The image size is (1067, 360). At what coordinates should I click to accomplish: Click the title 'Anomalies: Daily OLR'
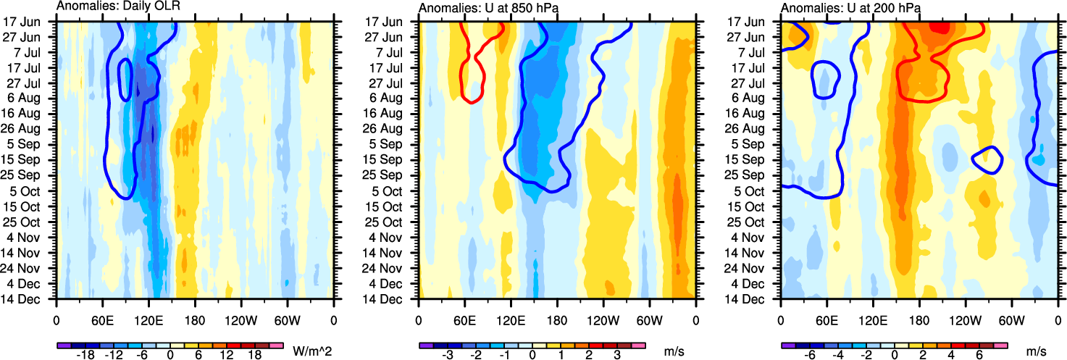pos(118,7)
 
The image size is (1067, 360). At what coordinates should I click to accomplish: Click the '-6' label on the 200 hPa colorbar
pos(811,355)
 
